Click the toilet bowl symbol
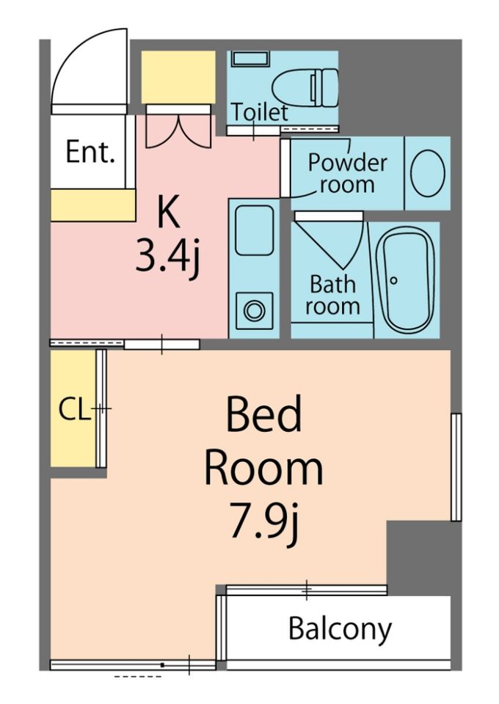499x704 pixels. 305,87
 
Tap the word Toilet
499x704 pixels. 260,112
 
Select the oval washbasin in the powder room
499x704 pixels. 428,173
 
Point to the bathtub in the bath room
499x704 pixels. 406,279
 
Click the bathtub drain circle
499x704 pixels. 394,281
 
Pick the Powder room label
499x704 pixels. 347,173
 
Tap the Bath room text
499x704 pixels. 333,296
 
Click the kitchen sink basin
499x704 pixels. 254,230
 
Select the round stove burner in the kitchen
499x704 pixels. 254,311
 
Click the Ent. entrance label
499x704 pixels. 90,153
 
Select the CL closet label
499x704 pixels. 74,409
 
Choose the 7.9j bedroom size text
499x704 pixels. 264,521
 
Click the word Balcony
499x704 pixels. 340,629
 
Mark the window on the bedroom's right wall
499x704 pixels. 456,467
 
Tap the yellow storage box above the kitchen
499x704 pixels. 178,77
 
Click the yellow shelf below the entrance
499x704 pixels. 93,205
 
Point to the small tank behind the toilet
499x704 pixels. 251,59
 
